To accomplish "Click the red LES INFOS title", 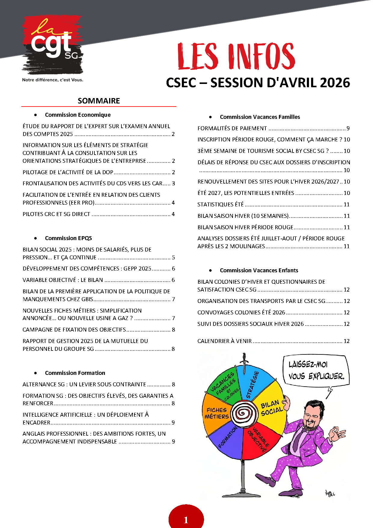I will pyautogui.click(x=236, y=56).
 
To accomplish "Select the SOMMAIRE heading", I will pyautogui.click(x=99, y=101).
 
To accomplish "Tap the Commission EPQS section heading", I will pyautogui.click(x=68, y=238).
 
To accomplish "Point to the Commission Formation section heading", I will pyautogui.click(x=75, y=373).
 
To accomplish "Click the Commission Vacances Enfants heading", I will pyautogui.click(x=259, y=270).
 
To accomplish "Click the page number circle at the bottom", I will pyautogui.click(x=186, y=519).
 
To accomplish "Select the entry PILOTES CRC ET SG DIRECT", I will pyautogui.click(x=57, y=214).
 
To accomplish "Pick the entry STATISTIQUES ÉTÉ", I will pyautogui.click(x=220, y=204).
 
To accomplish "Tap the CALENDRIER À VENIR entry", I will pyautogui.click(x=225, y=341).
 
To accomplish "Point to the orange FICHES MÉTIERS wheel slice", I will pyautogui.click(x=216, y=414).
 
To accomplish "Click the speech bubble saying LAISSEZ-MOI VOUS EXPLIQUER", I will pyautogui.click(x=316, y=370).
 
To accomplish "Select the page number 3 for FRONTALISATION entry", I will pyautogui.click(x=173, y=183).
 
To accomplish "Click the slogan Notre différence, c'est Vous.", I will pyautogui.click(x=53, y=80).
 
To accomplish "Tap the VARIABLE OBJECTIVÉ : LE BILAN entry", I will pyautogui.click(x=63, y=280).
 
